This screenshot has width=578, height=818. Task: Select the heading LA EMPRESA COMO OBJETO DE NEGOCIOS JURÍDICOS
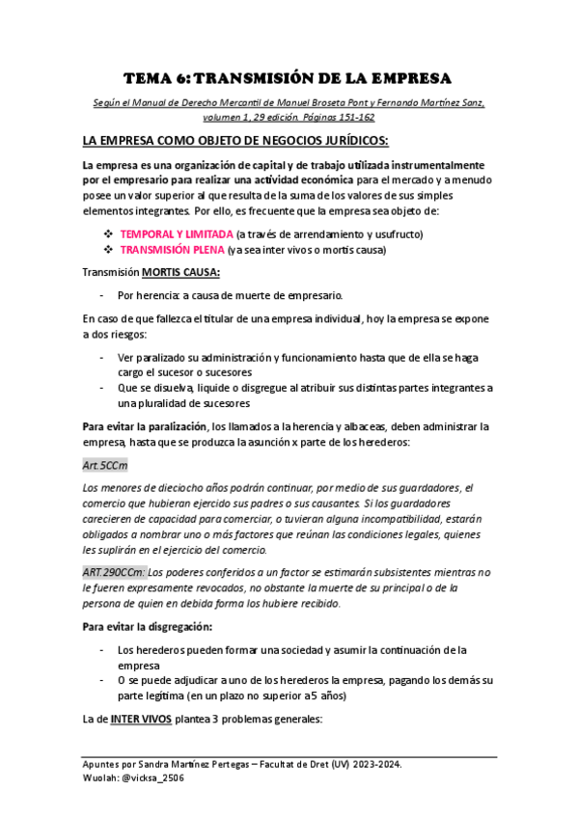pos(235,140)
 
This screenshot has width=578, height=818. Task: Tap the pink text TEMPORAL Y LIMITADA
pos(177,234)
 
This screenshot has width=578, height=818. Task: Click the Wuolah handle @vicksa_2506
pos(151,777)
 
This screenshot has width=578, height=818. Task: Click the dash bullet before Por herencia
pos(102,295)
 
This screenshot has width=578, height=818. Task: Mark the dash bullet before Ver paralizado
pos(102,357)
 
